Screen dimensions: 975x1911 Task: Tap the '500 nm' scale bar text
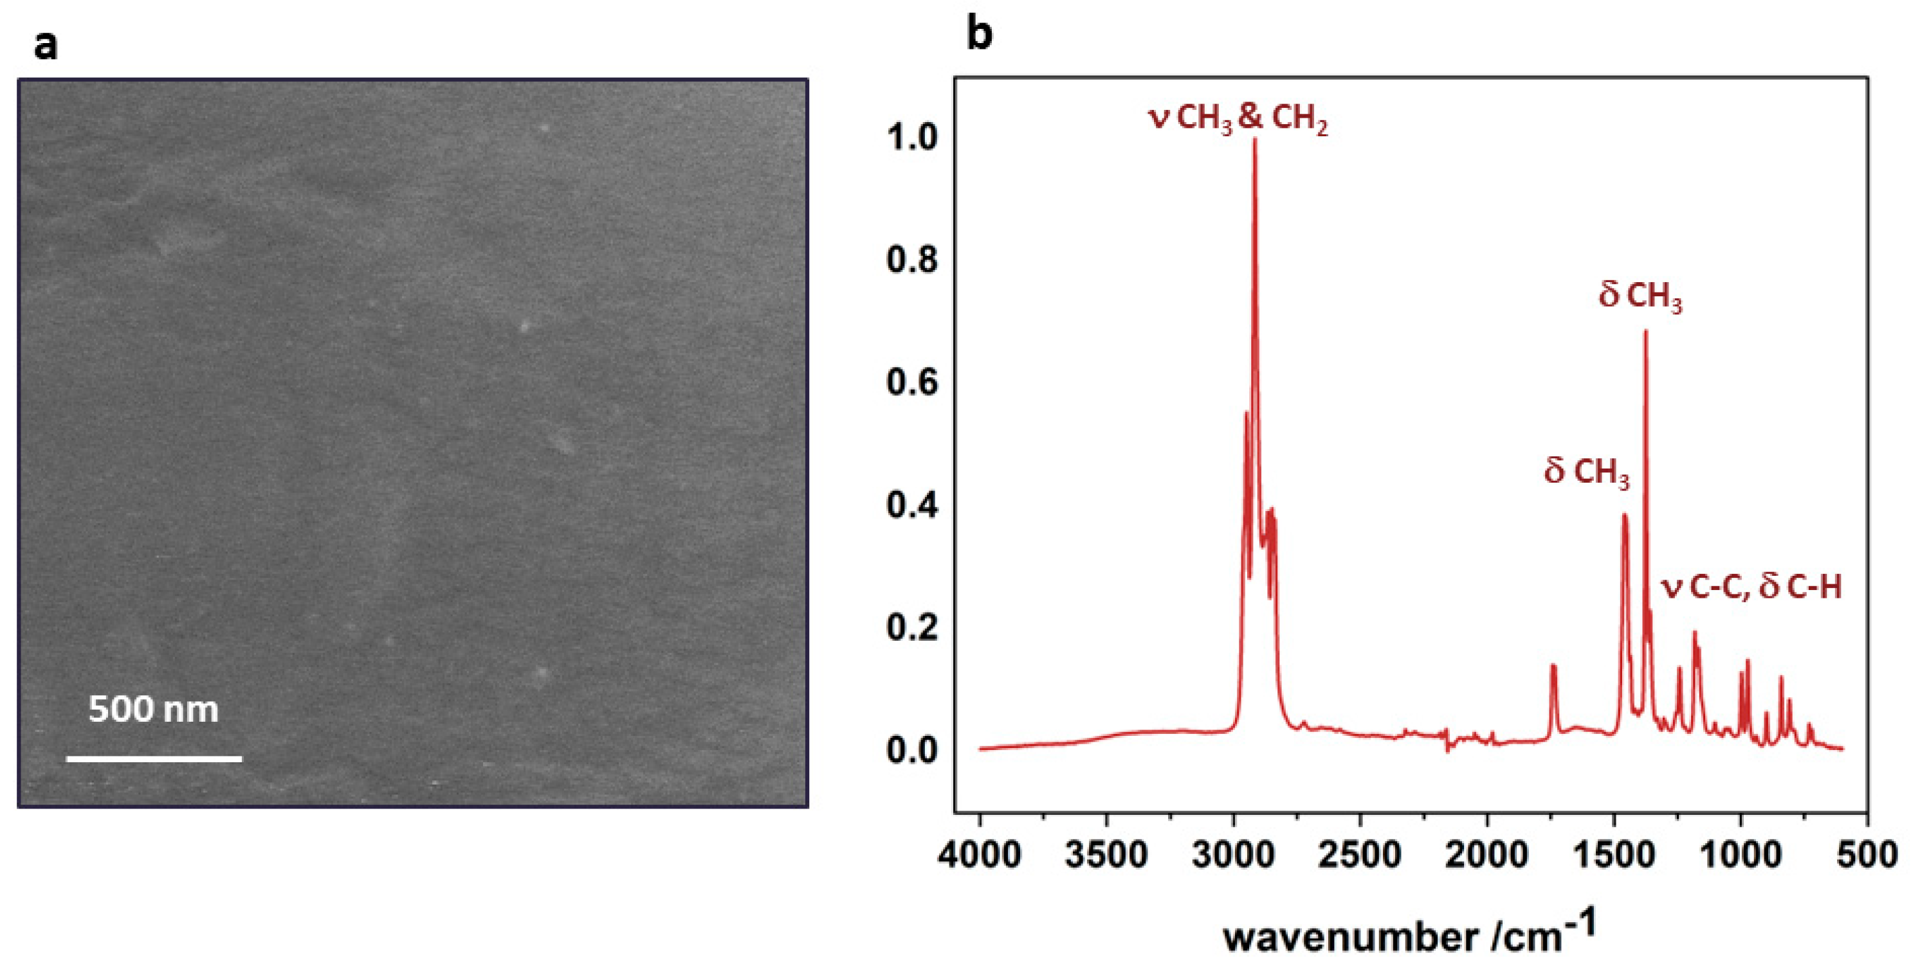pos(154,710)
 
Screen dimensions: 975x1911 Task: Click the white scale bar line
pos(154,758)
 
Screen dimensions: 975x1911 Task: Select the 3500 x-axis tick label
pos(1107,855)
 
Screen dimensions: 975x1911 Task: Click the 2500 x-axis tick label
pos(1360,855)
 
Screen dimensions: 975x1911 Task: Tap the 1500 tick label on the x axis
pos(1614,855)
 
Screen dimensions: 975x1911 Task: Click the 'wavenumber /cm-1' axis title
pos(1409,936)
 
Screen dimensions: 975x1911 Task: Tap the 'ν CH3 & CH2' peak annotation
pos(1238,120)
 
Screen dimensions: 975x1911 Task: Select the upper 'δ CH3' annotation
pos(1640,296)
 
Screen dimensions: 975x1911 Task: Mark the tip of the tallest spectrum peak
pos(1255,139)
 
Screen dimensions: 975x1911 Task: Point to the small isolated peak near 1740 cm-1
pos(1553,666)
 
